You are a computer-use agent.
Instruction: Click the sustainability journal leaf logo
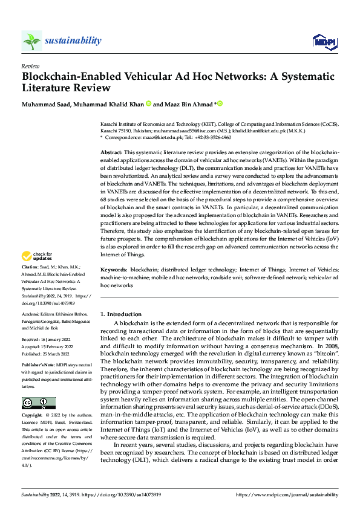tap(31, 41)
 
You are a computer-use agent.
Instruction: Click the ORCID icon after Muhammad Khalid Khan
tap(148, 104)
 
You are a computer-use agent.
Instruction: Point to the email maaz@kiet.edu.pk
tap(153, 138)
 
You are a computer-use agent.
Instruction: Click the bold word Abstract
tap(111, 153)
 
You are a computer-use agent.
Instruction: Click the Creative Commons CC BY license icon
tap(38, 403)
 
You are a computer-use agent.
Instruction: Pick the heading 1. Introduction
tap(121, 314)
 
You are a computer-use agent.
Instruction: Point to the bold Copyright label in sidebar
tap(33, 416)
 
